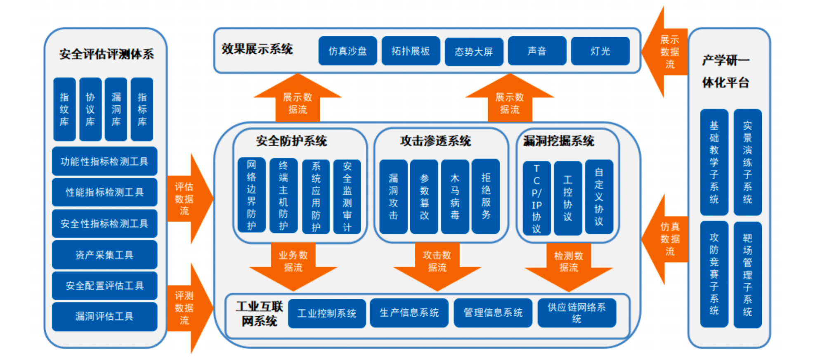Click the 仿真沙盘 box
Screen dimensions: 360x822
pyautogui.click(x=347, y=51)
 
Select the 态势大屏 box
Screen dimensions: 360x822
pyautogui.click(x=474, y=52)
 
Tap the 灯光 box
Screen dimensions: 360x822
pyautogui.click(x=600, y=51)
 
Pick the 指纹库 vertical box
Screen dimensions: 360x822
pyautogui.click(x=64, y=109)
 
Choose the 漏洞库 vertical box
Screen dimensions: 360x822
pyautogui.click(x=116, y=109)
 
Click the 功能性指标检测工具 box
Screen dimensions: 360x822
pyautogui.click(x=104, y=161)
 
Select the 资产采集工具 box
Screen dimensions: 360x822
pyautogui.click(x=104, y=255)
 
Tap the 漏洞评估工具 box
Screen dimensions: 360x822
pyautogui.click(x=104, y=317)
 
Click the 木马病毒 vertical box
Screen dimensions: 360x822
pyautogui.click(x=455, y=197)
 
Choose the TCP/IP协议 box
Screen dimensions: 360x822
pyautogui.click(x=536, y=199)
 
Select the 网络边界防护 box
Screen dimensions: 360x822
pyautogui.click(x=251, y=195)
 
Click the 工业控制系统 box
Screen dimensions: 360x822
pyautogui.click(x=327, y=313)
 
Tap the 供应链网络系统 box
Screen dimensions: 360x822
pyautogui.click(x=576, y=313)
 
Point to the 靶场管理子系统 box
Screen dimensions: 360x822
pyautogui.click(x=747, y=275)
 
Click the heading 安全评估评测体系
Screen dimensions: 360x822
pyautogui.click(x=106, y=54)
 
